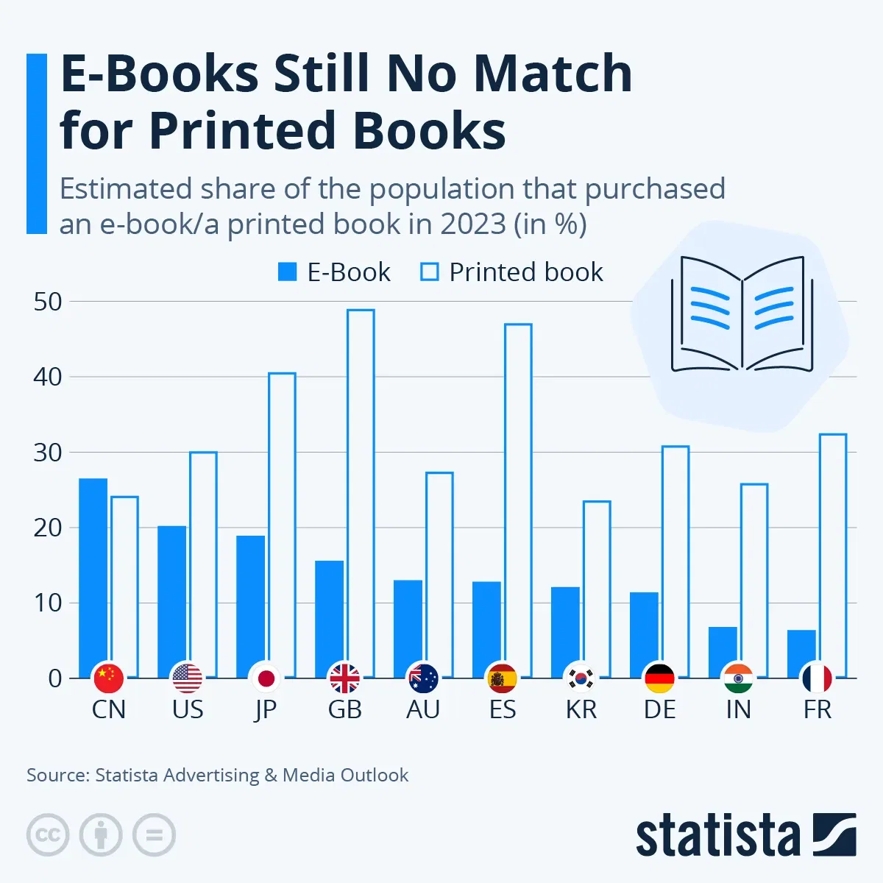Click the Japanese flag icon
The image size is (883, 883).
[x=266, y=678]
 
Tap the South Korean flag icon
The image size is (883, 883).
[x=581, y=678]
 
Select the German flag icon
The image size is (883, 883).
[x=660, y=678]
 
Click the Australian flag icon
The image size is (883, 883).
[x=424, y=678]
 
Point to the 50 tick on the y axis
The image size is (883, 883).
[x=48, y=302]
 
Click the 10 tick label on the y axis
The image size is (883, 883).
[x=48, y=603]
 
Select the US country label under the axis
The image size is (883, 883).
[x=188, y=710]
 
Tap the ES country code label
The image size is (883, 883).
[x=503, y=710]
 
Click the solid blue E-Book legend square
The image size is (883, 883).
[x=287, y=272]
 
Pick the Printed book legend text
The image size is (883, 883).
[x=526, y=272]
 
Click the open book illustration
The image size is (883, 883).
[x=742, y=314]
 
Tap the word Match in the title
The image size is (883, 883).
[x=552, y=74]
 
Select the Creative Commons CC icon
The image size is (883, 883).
[x=48, y=835]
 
